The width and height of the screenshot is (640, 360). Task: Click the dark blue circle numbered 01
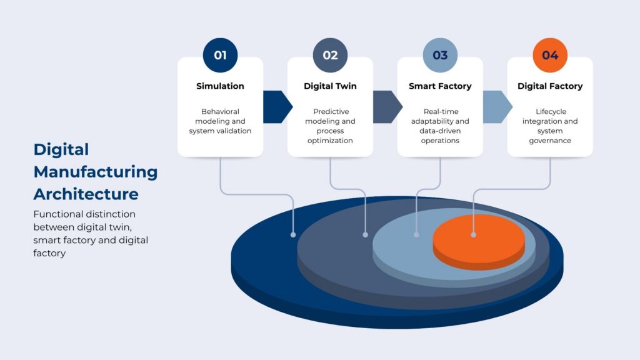tap(220, 55)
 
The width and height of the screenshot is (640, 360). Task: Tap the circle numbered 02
tap(330, 55)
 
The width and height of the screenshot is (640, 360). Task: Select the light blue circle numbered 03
tap(440, 55)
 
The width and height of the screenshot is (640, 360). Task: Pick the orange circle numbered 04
tap(550, 55)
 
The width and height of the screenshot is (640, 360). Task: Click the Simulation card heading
tap(220, 86)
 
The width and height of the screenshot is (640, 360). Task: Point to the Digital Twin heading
tap(330, 86)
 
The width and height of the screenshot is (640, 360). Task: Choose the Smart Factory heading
tap(440, 86)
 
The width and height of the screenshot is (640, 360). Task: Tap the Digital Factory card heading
tap(550, 86)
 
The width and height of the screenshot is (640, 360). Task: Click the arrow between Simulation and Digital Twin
tap(277, 107)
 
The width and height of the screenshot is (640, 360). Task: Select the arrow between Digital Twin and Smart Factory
tap(387, 107)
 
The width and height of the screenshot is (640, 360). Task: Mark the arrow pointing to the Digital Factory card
tap(497, 107)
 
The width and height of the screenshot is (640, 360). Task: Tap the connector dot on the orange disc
tap(474, 235)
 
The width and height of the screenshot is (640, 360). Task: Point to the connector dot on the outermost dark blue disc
tap(293, 235)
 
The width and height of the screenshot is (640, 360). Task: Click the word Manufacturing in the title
tap(96, 172)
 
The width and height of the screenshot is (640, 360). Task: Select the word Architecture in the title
tap(86, 194)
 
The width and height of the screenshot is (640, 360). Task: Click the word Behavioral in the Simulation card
tap(220, 111)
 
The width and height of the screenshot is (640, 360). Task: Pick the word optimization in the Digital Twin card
tap(330, 141)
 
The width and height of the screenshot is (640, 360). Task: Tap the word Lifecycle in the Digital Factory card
tap(551, 111)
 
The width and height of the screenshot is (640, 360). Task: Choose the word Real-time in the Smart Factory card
tap(441, 111)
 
